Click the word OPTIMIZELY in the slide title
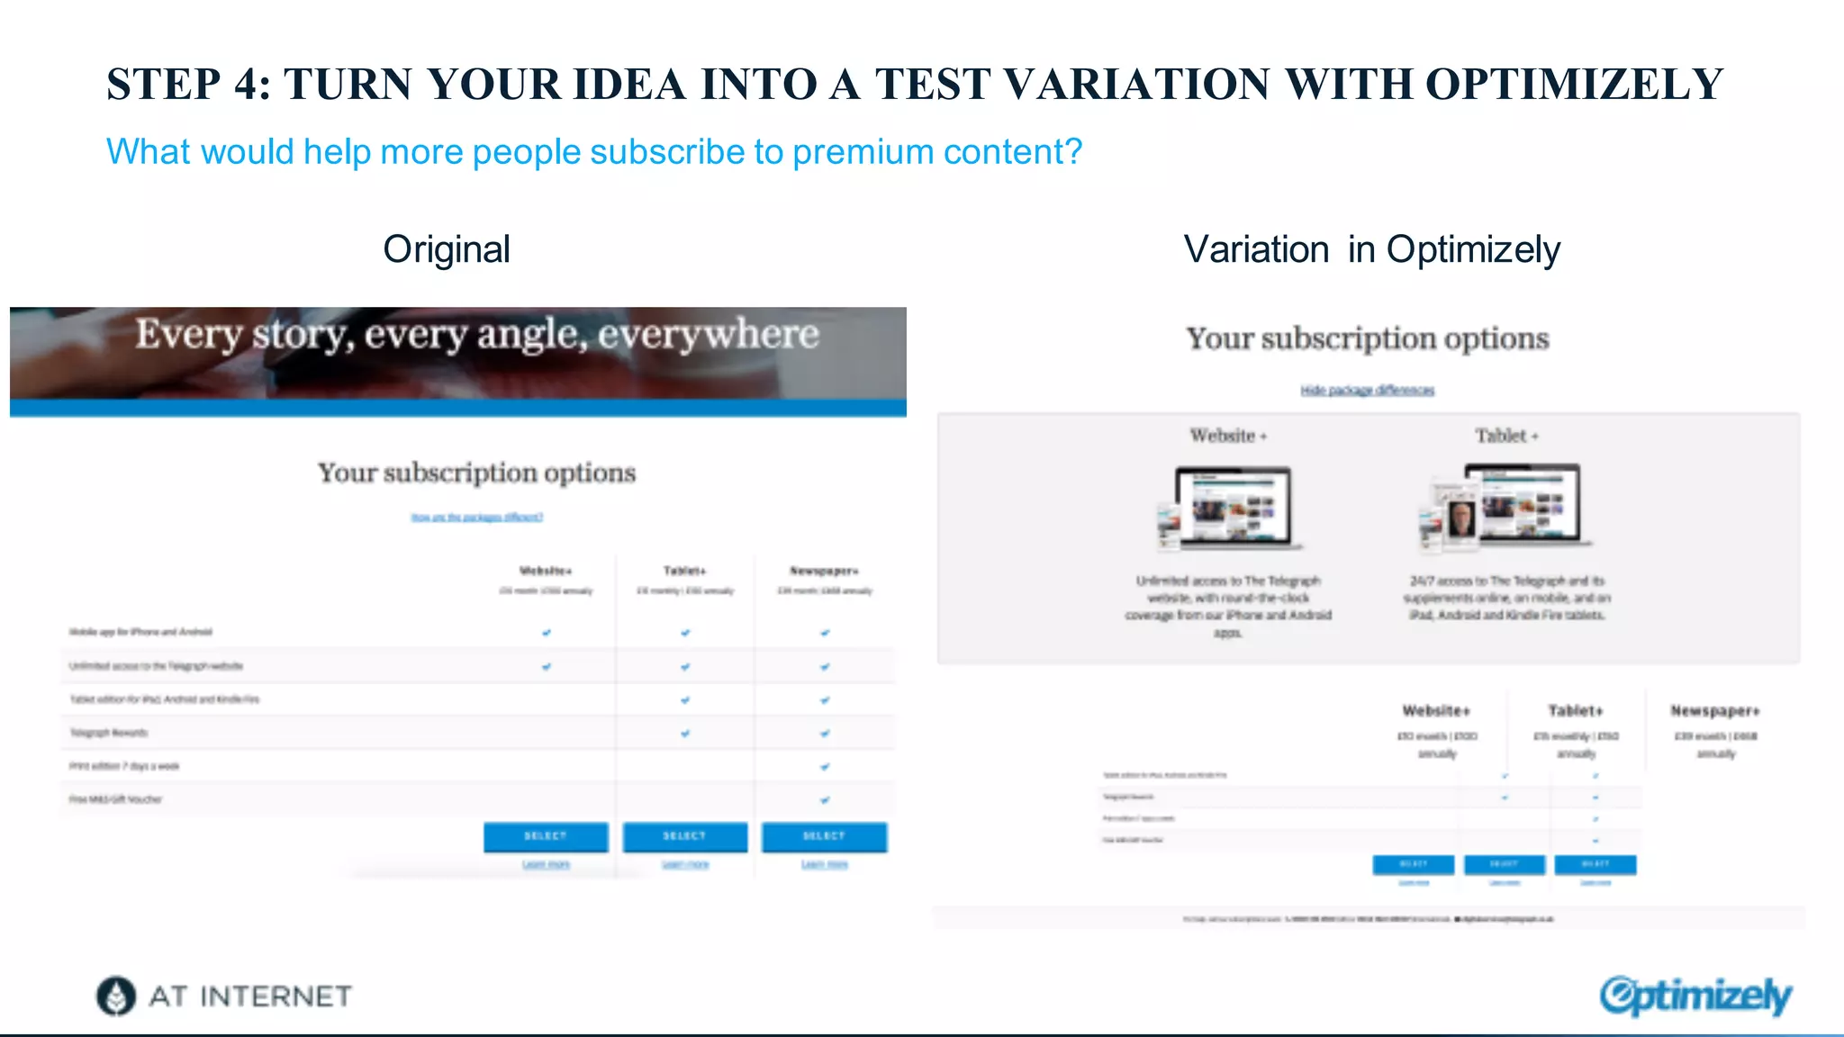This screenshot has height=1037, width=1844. pos(1574,85)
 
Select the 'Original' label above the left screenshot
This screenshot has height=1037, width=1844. pos(447,249)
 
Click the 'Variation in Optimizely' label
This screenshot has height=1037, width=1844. pos(1371,249)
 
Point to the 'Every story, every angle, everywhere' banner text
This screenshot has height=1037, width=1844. pos(477,335)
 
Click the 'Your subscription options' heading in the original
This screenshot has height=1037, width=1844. pos(476,473)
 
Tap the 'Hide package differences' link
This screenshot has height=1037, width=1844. pos(1367,390)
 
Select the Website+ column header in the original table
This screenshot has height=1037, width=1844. pos(546,571)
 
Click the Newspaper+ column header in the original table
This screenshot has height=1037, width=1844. pos(824,571)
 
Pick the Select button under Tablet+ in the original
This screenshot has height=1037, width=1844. pos(684,836)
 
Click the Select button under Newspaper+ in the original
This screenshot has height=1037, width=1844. pos(824,836)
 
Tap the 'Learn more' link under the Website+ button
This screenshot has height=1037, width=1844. pos(546,864)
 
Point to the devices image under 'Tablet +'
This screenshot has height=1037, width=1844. pos(1505,507)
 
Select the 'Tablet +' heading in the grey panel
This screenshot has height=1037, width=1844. pos(1505,436)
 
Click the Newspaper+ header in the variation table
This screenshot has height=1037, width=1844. pos(1715,711)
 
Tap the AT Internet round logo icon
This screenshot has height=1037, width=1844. pos(116,996)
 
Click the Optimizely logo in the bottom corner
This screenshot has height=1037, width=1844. pos(1695,996)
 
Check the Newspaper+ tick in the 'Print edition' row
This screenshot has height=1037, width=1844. pos(825,767)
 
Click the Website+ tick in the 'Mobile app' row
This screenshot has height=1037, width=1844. pos(547,633)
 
